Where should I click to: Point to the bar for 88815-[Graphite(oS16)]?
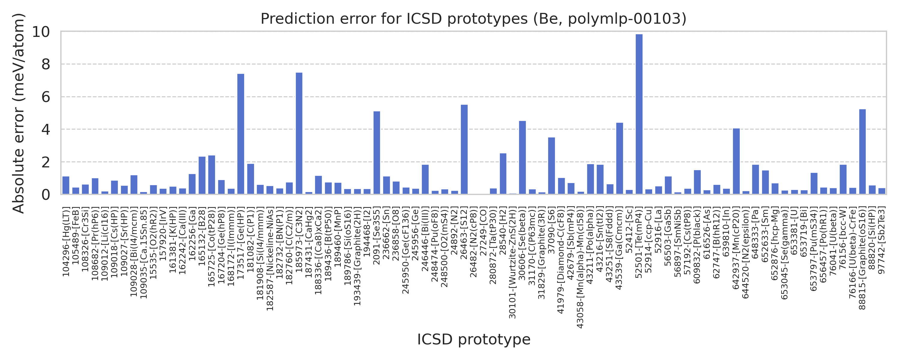tap(862, 152)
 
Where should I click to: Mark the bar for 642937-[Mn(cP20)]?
tap(736, 161)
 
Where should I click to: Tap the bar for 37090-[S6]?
tap(551, 166)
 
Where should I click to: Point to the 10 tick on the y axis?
tap(41, 32)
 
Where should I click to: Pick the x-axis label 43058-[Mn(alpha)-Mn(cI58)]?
tap(580, 267)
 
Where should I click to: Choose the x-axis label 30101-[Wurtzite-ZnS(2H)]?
tap(512, 262)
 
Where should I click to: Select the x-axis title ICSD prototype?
tap(473, 339)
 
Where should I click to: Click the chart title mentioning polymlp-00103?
tap(473, 19)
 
